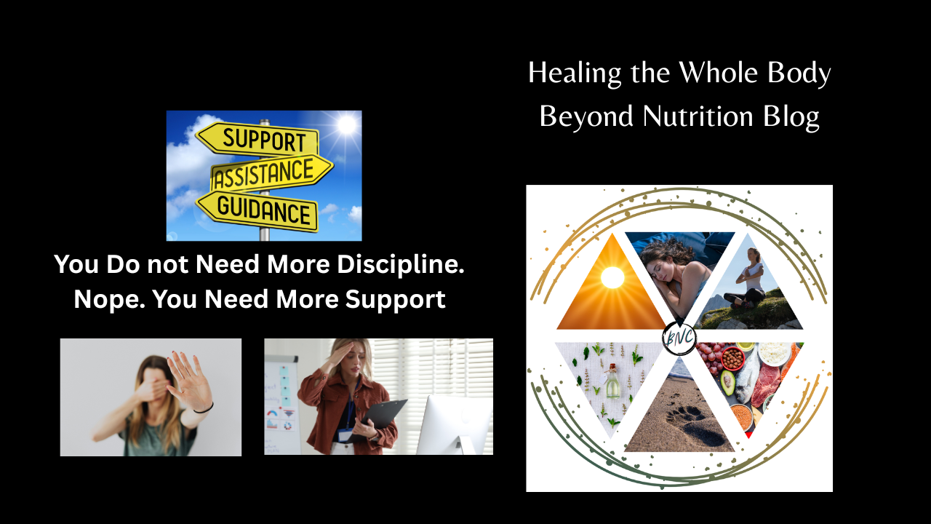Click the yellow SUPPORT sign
tap(257, 138)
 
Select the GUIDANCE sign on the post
tap(257, 211)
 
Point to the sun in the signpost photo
tap(347, 124)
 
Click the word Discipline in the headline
tap(400, 264)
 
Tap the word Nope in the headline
tap(109, 299)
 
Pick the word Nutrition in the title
tap(698, 116)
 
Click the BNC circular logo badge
tap(679, 338)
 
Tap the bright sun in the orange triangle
tap(612, 277)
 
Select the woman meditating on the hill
tap(747, 279)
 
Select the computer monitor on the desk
tap(455, 424)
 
